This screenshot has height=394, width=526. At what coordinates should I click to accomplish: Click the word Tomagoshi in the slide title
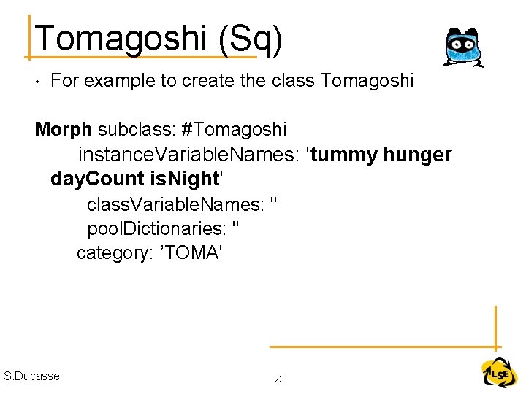click(121, 38)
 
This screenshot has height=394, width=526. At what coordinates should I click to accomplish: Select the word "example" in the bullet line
click(118, 81)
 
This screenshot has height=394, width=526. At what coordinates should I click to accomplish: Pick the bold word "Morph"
click(64, 130)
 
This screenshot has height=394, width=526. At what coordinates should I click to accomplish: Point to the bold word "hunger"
click(417, 155)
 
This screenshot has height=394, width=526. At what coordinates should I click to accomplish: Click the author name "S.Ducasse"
click(31, 376)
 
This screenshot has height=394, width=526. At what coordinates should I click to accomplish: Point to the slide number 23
click(278, 379)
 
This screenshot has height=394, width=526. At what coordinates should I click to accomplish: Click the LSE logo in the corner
click(499, 373)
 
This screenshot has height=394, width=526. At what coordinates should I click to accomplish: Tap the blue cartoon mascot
click(462, 48)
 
